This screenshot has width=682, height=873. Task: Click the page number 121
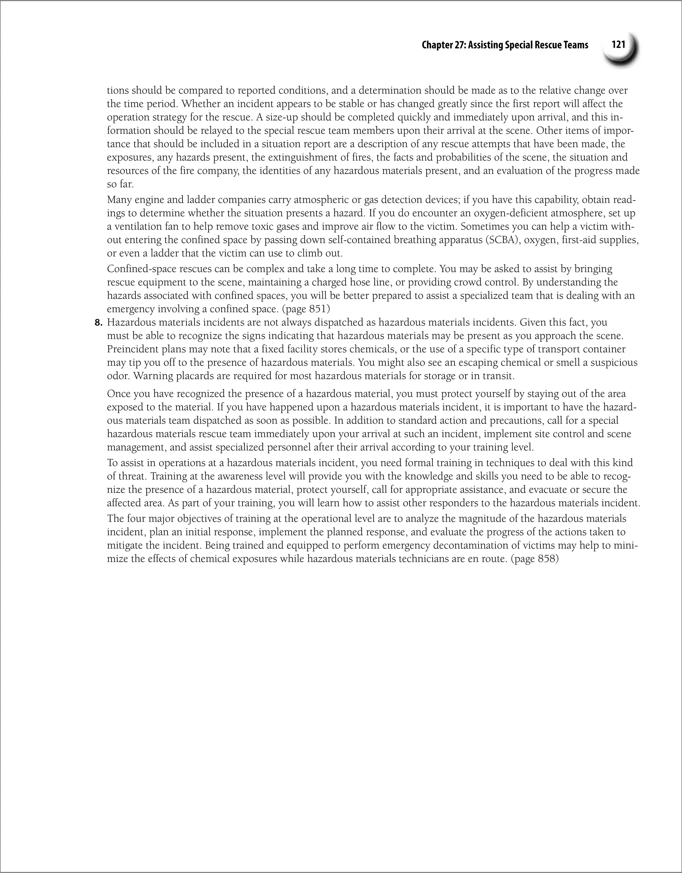tap(618, 45)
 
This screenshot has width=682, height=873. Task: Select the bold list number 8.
tap(99, 323)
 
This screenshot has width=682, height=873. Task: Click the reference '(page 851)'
tap(306, 309)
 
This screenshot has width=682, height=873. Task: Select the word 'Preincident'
tap(134, 349)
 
